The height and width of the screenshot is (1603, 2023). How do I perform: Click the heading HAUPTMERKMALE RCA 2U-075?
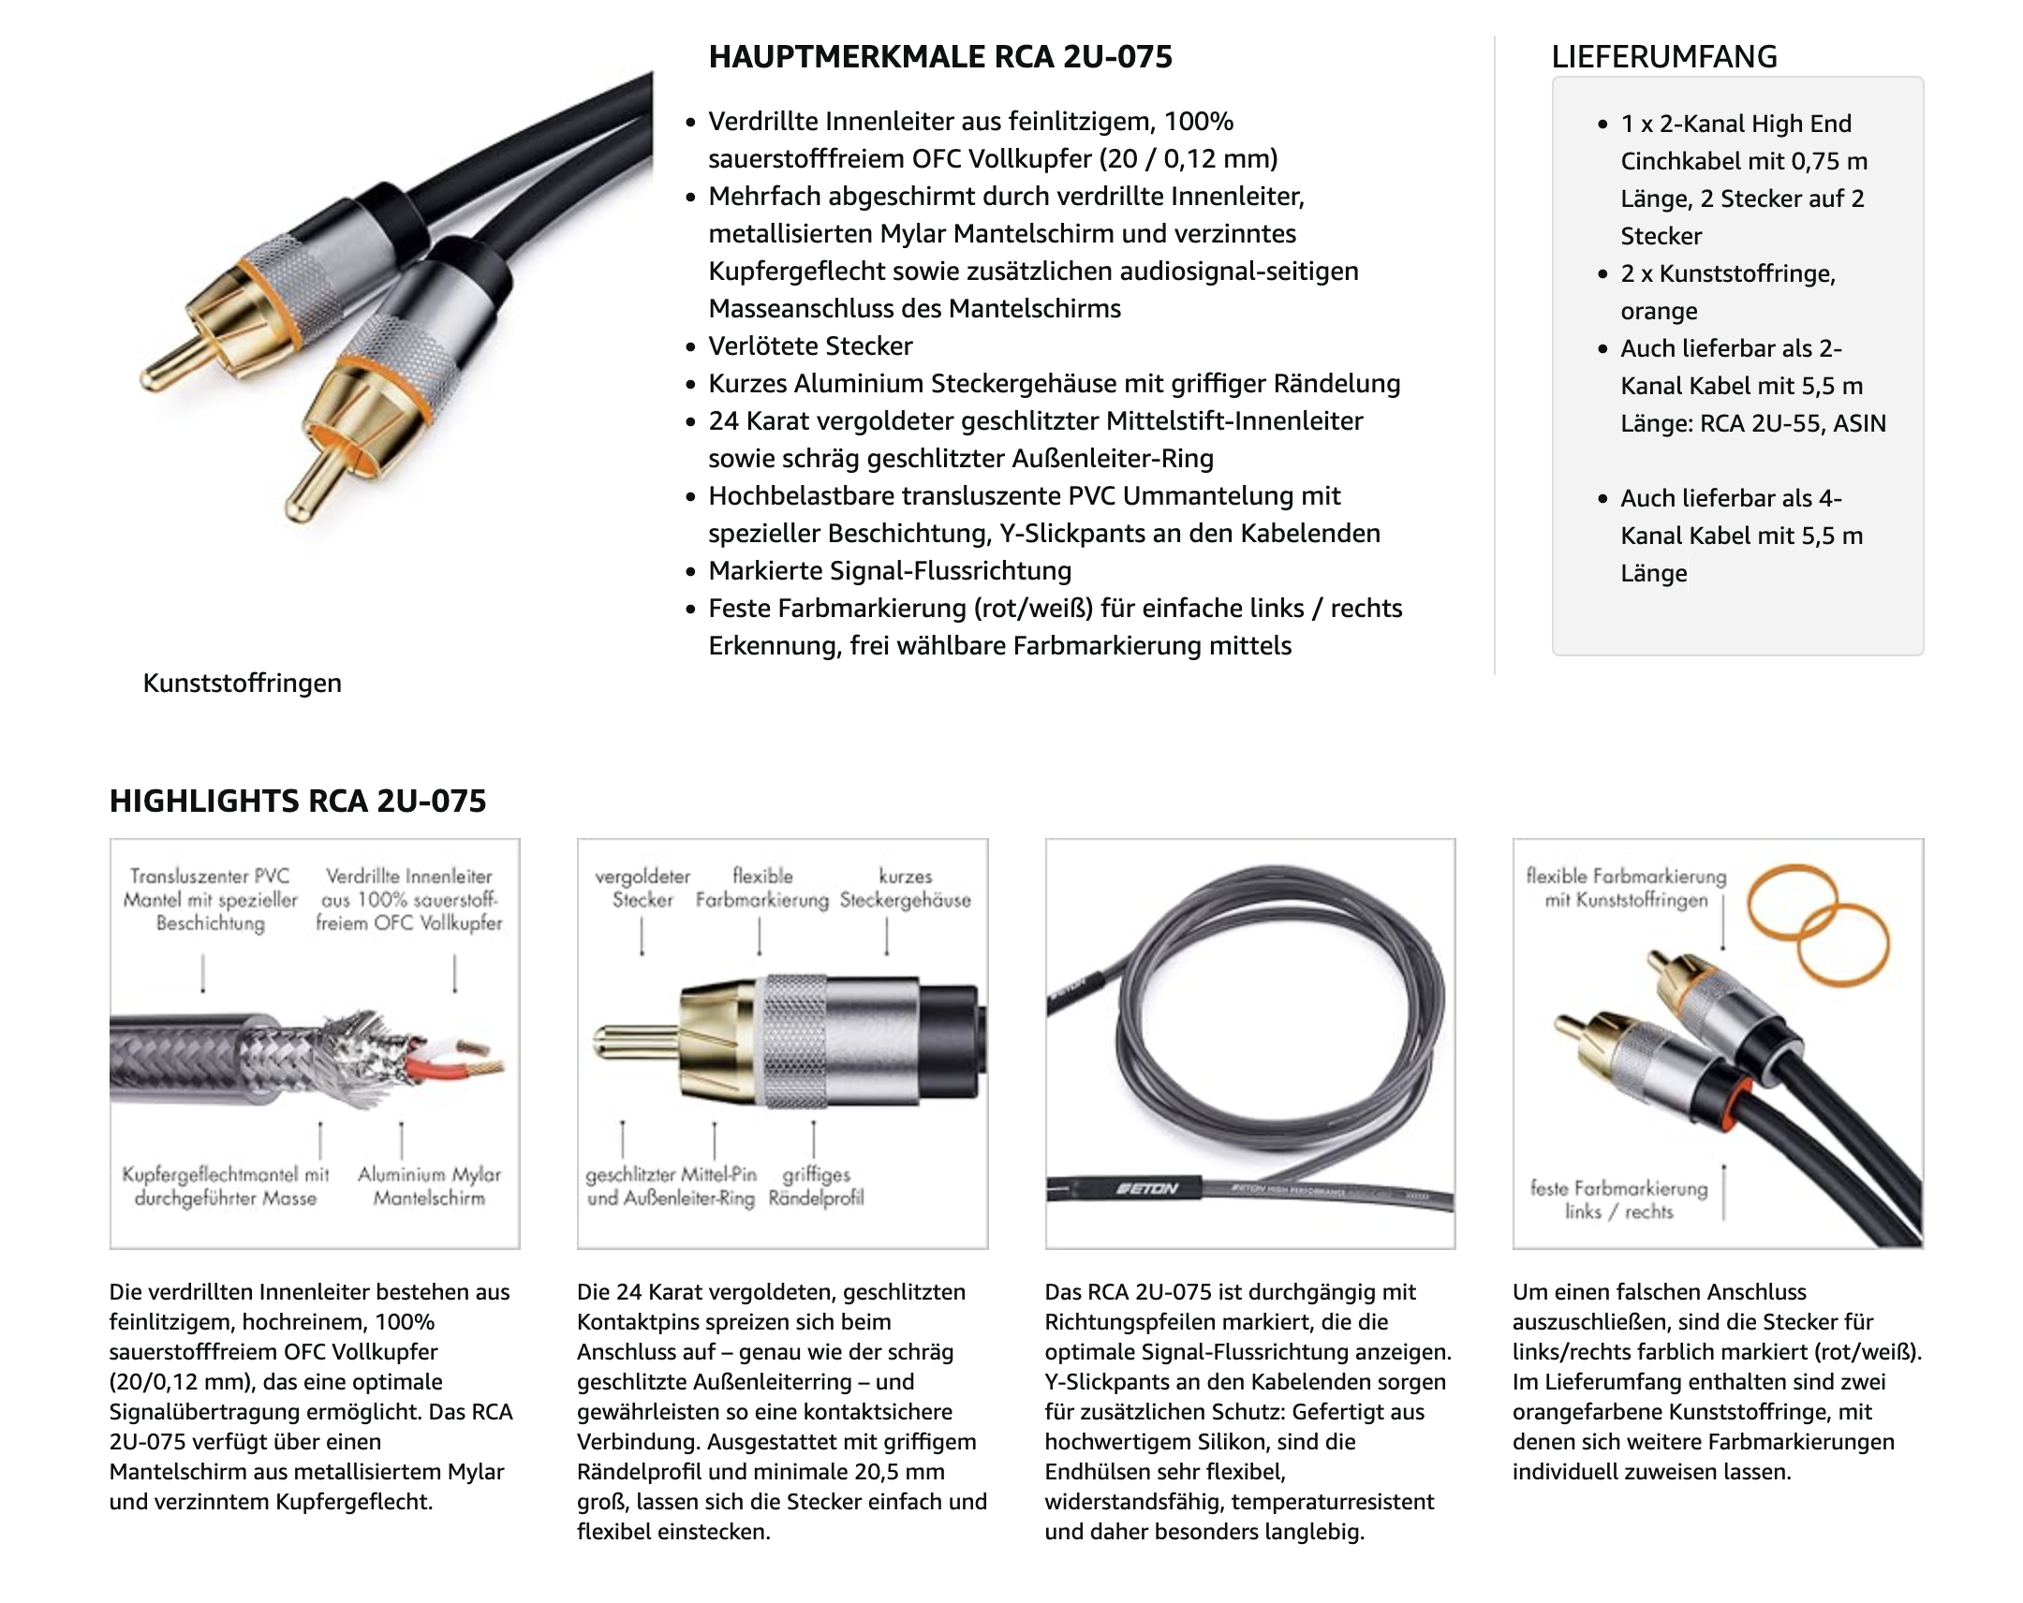[x=939, y=57]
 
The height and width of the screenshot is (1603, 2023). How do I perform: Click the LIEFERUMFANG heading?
[x=1663, y=57]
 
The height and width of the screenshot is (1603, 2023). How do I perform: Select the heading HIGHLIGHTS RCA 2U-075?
[x=298, y=801]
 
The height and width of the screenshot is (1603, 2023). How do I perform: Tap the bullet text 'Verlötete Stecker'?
[x=810, y=346]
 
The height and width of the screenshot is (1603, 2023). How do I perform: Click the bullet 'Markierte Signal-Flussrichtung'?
[x=890, y=571]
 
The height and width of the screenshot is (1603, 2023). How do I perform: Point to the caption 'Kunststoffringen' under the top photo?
[x=242, y=683]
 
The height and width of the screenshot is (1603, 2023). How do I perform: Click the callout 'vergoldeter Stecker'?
[x=642, y=889]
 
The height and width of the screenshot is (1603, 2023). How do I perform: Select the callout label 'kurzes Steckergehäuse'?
[x=905, y=889]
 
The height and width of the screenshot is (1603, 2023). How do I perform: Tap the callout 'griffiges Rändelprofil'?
[x=816, y=1186]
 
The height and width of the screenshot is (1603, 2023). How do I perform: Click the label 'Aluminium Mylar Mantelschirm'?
[x=429, y=1186]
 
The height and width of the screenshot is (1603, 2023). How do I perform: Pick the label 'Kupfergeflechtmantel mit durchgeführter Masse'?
[x=225, y=1186]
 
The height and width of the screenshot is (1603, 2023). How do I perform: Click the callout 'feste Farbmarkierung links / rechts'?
[x=1618, y=1199]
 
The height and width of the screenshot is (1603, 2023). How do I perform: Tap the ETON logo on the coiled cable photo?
[x=1146, y=1188]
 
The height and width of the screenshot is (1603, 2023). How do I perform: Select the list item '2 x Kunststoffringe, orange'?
[x=1727, y=293]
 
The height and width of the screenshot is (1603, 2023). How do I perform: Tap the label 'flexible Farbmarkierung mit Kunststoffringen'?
[x=1626, y=889]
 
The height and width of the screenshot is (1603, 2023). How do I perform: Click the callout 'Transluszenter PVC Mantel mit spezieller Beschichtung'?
[x=210, y=900]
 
